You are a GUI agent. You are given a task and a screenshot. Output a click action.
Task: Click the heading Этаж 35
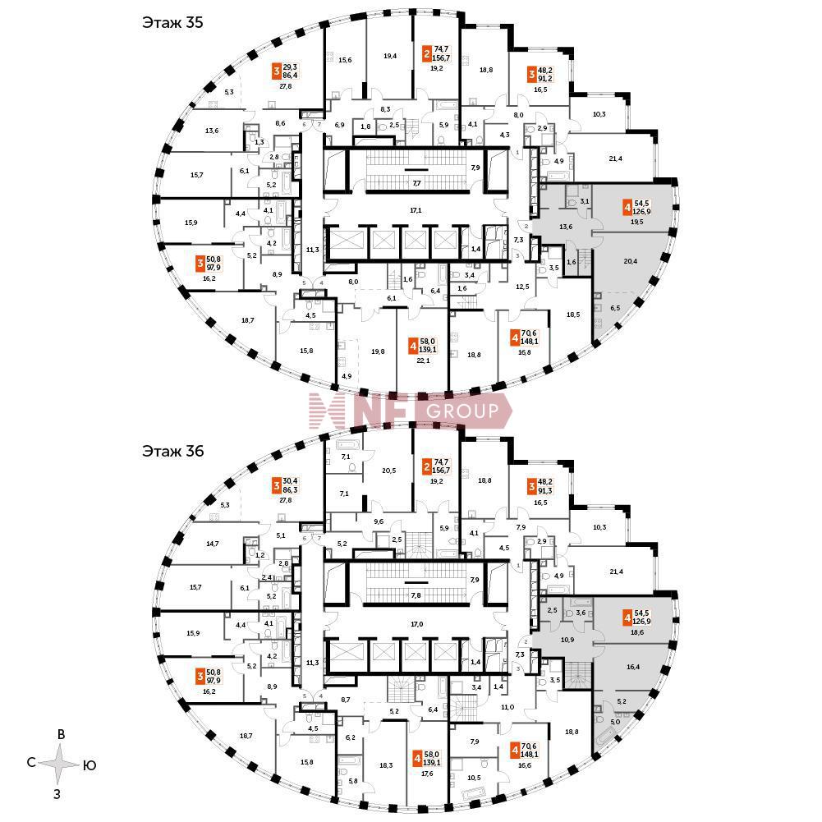(x=172, y=22)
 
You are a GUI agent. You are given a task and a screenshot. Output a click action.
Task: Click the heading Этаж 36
(x=172, y=451)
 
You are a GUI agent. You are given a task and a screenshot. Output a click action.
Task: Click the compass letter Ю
(x=90, y=765)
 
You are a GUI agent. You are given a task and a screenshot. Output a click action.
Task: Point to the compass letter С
(x=30, y=763)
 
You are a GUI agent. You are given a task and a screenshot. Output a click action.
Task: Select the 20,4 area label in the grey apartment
(x=631, y=260)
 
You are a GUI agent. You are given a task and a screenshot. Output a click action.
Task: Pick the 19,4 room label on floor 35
(x=390, y=56)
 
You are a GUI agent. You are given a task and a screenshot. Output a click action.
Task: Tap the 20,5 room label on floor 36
(x=389, y=471)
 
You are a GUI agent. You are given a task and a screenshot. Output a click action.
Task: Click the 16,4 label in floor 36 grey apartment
(x=632, y=668)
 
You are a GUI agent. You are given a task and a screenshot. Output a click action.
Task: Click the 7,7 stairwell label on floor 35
(x=416, y=182)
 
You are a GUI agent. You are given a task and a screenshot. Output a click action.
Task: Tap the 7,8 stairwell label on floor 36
(x=416, y=596)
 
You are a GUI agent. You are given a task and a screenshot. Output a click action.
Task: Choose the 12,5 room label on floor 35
(x=521, y=287)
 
